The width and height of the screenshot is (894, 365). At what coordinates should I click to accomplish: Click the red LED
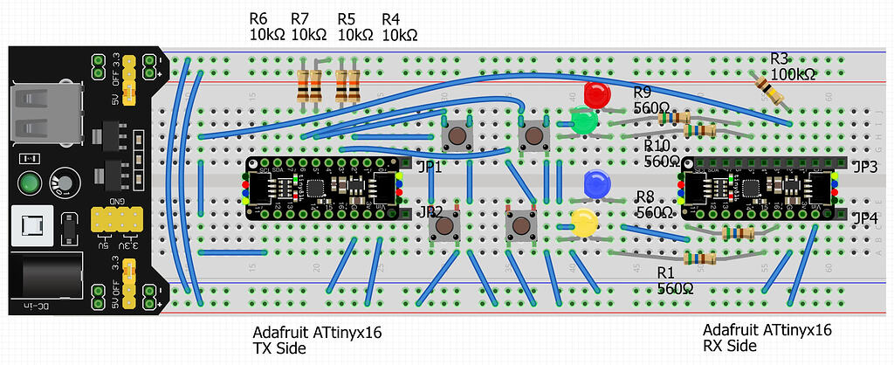597,93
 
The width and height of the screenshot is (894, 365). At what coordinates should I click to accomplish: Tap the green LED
583,121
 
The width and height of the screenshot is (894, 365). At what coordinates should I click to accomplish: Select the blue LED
596,183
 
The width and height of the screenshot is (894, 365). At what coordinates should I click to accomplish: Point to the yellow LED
584,222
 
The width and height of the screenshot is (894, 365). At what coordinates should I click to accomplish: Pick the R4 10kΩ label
400,27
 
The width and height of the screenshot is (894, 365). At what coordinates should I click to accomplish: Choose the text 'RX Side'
728,347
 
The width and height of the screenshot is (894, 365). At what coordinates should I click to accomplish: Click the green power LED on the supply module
30,184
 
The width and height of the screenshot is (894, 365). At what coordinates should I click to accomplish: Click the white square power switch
28,231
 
